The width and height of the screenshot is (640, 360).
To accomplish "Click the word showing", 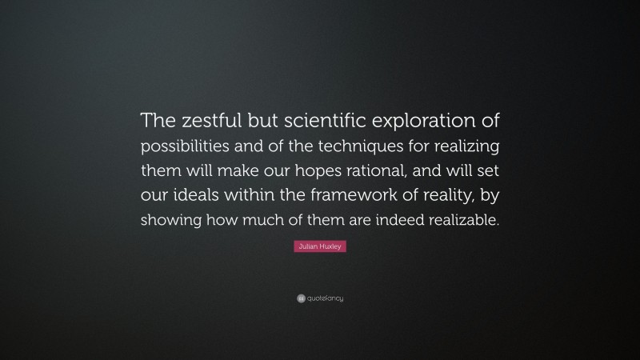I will pos(168,222).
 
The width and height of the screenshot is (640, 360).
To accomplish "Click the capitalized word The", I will pos(158,120).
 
